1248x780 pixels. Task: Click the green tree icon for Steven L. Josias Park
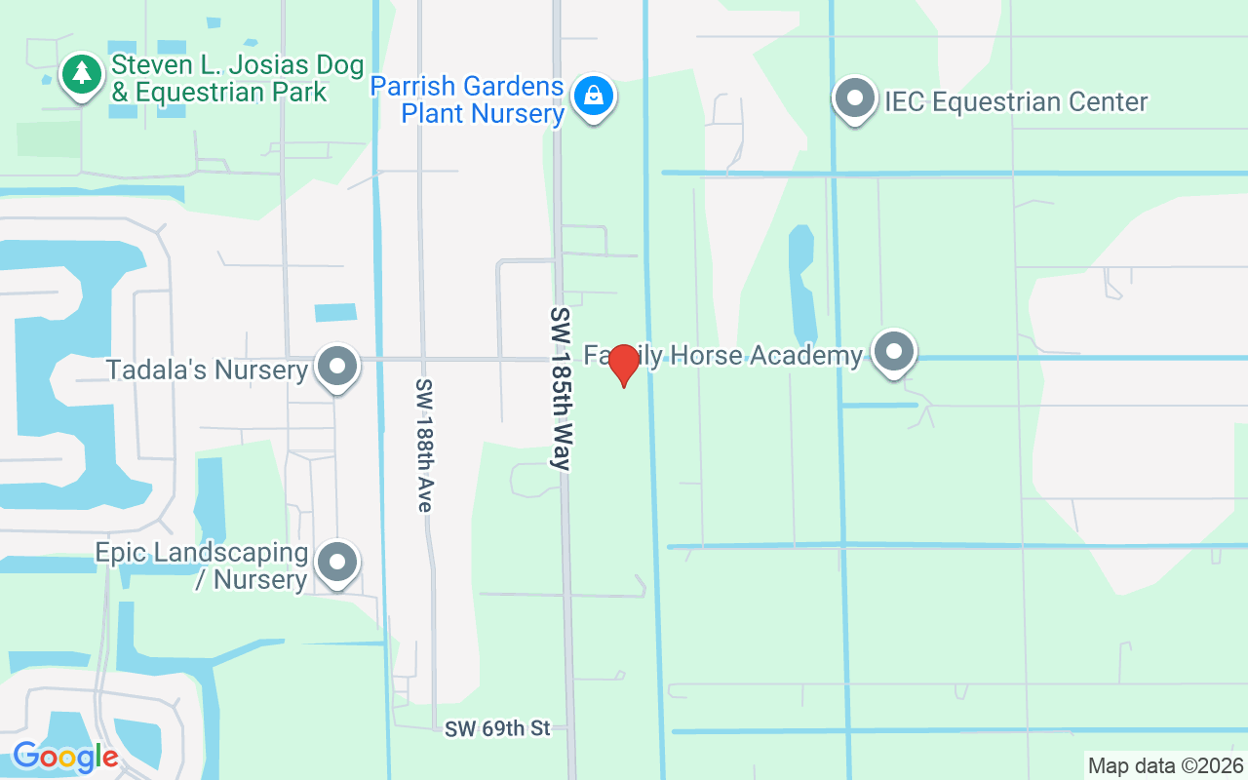(x=83, y=73)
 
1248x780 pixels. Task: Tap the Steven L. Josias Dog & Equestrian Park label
(x=237, y=79)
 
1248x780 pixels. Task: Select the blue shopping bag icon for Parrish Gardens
(x=592, y=96)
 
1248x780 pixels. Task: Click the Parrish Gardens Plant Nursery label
(x=468, y=99)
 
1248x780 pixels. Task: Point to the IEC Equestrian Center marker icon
(x=855, y=98)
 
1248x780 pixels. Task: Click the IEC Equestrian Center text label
(x=1016, y=101)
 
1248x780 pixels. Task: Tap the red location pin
(x=623, y=364)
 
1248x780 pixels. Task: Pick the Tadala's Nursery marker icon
(x=338, y=367)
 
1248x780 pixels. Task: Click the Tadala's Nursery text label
(x=207, y=370)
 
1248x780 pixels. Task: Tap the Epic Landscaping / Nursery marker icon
(x=338, y=562)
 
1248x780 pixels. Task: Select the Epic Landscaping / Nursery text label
(x=202, y=565)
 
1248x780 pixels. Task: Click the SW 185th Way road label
(x=561, y=389)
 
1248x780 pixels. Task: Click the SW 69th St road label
(x=497, y=728)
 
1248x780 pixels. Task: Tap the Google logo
(x=65, y=756)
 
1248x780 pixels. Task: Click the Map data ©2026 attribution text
(x=1165, y=765)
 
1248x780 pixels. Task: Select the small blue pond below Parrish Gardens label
(x=335, y=312)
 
